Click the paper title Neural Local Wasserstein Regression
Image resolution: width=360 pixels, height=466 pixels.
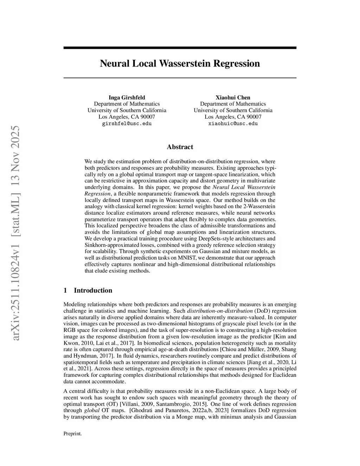180,64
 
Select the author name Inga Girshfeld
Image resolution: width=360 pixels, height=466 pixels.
127,97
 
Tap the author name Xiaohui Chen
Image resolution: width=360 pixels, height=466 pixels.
233,97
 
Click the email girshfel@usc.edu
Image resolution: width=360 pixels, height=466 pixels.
127,123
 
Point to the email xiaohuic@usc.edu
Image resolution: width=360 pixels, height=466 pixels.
233,123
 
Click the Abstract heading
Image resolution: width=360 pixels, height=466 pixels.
180,147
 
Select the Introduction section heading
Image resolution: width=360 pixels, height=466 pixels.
93,291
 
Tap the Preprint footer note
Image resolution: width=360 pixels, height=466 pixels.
72,434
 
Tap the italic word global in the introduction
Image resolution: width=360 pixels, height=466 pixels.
92,410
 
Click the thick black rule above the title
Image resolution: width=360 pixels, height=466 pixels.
180,48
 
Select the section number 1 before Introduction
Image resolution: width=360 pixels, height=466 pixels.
65,291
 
